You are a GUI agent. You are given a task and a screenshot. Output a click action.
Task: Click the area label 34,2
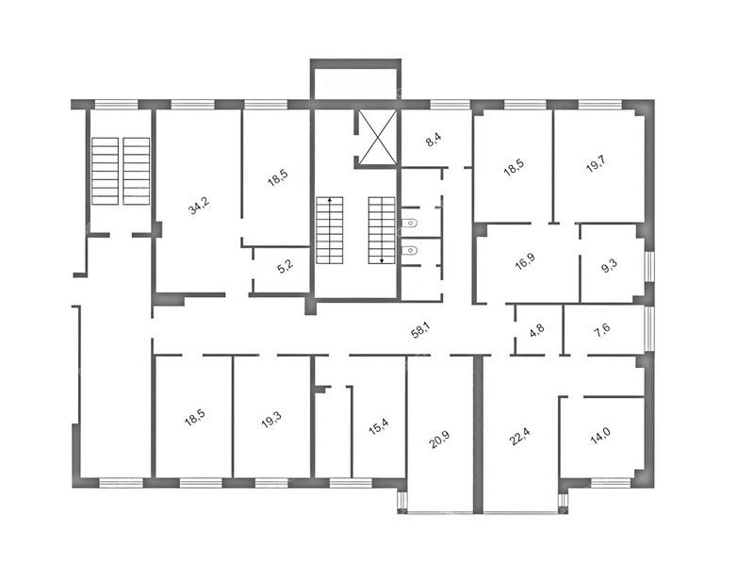tap(199, 206)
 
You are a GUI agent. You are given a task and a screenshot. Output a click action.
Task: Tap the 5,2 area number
tap(286, 267)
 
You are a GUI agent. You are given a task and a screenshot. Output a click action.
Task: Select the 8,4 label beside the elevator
tap(434, 140)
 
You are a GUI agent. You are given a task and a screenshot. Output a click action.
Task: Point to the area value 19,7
tap(596, 164)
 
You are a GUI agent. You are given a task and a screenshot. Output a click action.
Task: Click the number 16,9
tap(525, 261)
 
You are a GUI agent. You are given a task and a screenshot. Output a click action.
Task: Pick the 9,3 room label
tap(609, 266)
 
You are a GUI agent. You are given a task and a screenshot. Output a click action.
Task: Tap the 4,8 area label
tap(537, 331)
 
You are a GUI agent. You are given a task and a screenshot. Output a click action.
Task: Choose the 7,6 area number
tap(602, 331)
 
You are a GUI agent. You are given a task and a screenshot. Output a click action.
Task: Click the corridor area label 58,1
tap(420, 331)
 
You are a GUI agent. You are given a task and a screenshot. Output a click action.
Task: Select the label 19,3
tap(271, 420)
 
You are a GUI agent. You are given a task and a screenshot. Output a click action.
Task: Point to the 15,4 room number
tap(379, 426)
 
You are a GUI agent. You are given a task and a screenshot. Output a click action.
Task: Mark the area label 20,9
tap(439, 440)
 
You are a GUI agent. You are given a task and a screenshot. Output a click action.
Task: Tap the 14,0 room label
tap(600, 435)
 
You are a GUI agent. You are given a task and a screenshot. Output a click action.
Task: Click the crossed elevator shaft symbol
tap(379, 137)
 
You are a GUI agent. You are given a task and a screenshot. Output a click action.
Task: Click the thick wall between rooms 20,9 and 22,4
tap(478, 434)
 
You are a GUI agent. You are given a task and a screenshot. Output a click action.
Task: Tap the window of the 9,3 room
tap(649, 267)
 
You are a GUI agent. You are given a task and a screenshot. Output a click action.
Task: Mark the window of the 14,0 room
tap(610, 483)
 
